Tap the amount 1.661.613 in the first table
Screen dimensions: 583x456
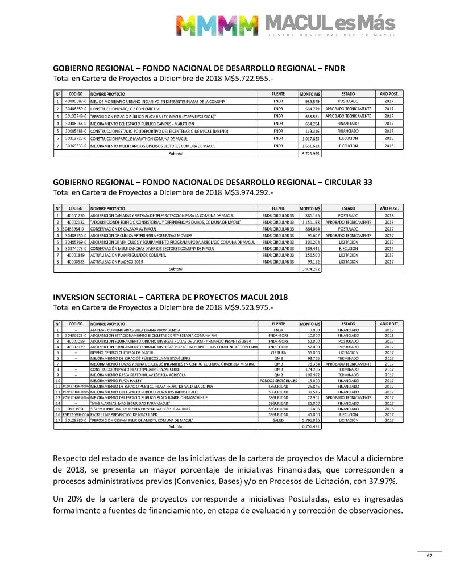click(x=311, y=146)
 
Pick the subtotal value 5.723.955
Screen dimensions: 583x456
click(x=311, y=154)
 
